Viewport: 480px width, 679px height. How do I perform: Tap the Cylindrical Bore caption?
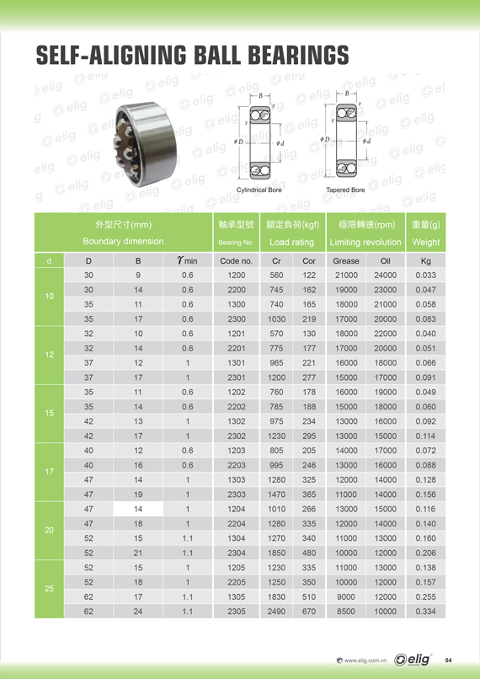click(259, 190)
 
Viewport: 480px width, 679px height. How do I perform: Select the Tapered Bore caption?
click(345, 190)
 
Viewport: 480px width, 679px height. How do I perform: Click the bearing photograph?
click(146, 144)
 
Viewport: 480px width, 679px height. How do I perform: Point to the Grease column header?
click(346, 260)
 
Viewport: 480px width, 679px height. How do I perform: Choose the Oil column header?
click(385, 260)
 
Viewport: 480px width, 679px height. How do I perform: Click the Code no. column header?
click(236, 260)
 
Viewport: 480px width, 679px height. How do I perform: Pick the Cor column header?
click(309, 260)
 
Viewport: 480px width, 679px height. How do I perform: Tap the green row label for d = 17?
click(50, 472)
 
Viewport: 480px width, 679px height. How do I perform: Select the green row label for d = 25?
click(50, 589)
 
